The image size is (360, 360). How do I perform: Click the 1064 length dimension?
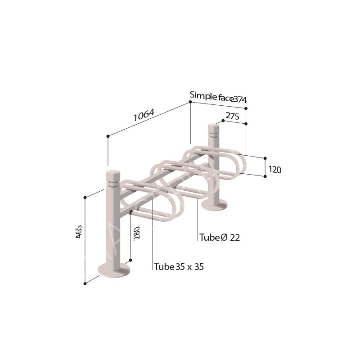click(144, 116)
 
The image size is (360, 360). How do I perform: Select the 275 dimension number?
click(232, 116)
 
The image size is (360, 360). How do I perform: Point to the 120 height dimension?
click(274, 170)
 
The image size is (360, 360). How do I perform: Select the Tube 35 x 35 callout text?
click(179, 266)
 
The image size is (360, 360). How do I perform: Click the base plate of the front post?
click(114, 270)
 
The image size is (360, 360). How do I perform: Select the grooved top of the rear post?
click(213, 131)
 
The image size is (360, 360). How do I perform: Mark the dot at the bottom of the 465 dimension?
click(85, 283)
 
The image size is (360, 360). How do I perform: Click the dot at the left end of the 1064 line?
click(108, 136)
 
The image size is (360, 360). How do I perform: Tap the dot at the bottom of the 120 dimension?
click(265, 176)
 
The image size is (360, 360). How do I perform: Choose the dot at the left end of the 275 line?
click(223, 121)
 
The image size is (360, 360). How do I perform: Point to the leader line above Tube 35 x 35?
click(153, 234)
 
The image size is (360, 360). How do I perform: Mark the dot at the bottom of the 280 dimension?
click(130, 260)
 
